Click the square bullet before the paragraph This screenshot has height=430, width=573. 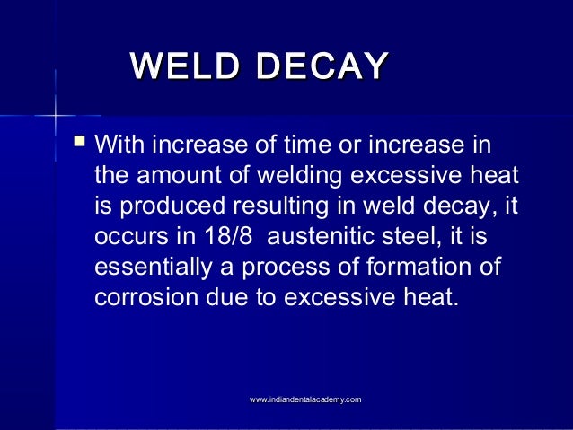(x=81, y=141)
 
